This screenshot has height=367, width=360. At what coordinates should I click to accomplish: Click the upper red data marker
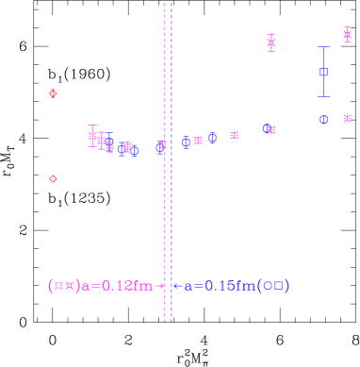coord(53,93)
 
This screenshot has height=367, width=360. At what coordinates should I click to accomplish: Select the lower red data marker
coord(53,178)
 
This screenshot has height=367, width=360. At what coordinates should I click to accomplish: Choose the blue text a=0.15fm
coord(220,286)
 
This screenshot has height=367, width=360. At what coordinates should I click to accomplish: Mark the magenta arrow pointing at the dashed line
coord(160,286)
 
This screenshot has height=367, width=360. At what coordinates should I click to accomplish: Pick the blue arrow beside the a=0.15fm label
coord(177,286)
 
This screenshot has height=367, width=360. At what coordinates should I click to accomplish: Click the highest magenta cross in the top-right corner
coord(347,35)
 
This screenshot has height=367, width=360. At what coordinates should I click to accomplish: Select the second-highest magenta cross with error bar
coord(270,42)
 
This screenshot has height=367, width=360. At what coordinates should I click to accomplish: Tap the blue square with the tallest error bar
coord(323,72)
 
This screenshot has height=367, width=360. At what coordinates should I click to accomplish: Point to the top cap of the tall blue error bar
coord(323,47)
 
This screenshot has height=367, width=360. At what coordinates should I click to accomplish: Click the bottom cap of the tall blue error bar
coord(323,96)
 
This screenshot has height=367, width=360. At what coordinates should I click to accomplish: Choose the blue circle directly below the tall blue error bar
coord(323,120)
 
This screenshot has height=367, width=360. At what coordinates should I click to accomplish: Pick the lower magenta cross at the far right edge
coord(347,118)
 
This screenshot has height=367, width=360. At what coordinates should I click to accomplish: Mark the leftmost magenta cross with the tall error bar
coord(92,137)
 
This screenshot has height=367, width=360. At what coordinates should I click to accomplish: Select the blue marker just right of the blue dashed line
coord(187,142)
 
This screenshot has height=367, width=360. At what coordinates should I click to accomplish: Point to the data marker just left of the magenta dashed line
coord(161,146)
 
